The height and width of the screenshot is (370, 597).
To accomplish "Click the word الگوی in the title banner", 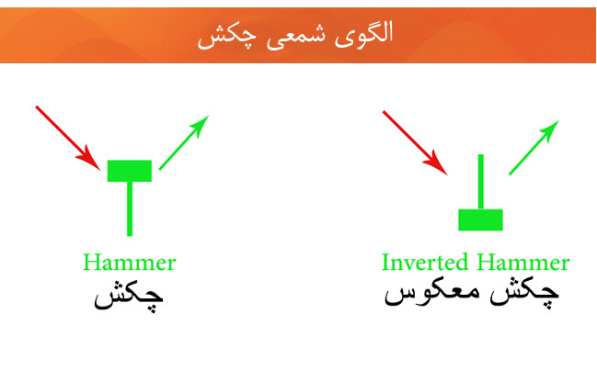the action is (x=363, y=34).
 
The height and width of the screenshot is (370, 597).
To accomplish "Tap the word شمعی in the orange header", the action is (x=296, y=37).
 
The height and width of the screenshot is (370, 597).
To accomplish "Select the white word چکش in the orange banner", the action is (x=227, y=37).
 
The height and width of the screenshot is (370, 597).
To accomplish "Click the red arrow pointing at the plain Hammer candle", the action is (x=68, y=139).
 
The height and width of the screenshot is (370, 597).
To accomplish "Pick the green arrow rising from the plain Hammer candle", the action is (x=184, y=142).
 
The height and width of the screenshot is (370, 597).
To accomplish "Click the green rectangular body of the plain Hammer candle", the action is (x=130, y=171).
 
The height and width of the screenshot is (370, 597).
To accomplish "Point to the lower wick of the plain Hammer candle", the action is (x=130, y=209).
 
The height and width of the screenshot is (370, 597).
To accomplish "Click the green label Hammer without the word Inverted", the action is (x=130, y=262).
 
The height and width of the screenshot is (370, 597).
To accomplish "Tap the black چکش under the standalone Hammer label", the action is (x=129, y=297).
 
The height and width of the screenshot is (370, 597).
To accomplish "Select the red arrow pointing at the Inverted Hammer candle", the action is (x=415, y=143).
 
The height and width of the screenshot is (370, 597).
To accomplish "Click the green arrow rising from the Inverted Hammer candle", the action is (x=534, y=148).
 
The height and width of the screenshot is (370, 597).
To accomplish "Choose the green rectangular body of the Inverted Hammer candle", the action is (x=480, y=219).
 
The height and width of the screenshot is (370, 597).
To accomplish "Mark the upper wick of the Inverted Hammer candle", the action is (x=481, y=182).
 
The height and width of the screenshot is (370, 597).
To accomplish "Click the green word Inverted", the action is (x=425, y=262).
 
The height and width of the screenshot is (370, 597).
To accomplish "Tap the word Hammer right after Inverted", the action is (x=523, y=262).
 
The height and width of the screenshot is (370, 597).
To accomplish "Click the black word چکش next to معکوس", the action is (x=524, y=295).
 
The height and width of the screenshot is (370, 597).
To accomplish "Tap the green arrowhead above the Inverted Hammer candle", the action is (x=549, y=131).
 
